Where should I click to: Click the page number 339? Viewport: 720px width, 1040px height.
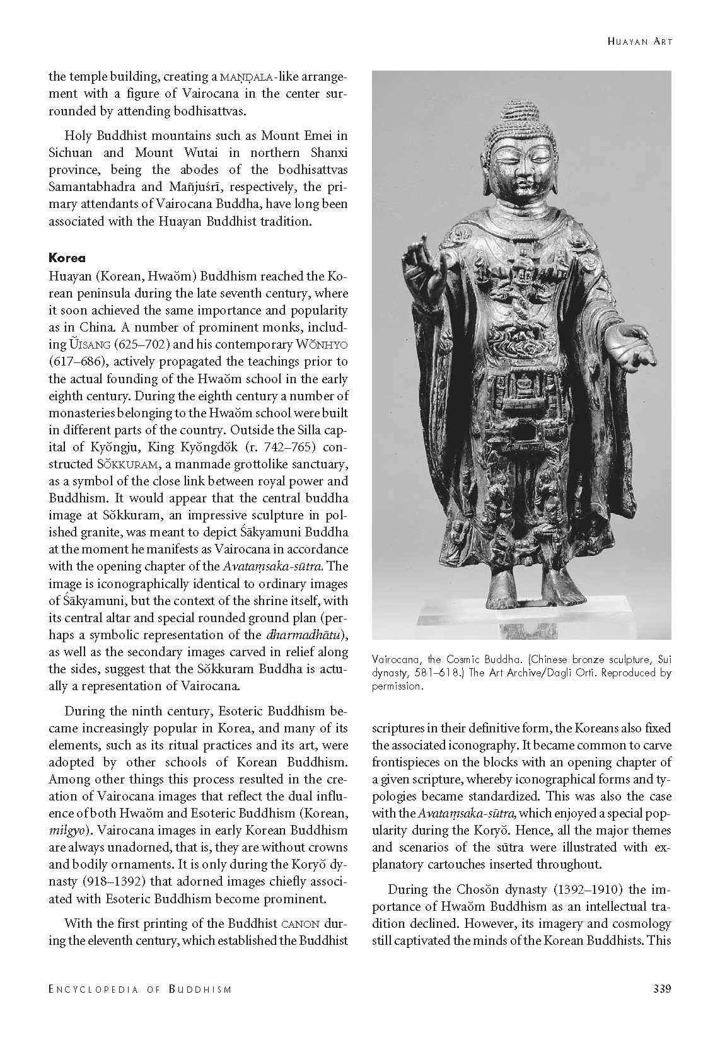click(x=661, y=988)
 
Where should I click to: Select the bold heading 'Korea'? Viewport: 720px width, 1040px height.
click(x=67, y=258)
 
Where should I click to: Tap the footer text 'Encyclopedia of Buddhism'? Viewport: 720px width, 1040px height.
click(x=140, y=989)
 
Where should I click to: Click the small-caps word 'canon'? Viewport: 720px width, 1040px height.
click(x=299, y=924)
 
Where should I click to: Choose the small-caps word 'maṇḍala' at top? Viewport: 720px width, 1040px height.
click(x=247, y=77)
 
